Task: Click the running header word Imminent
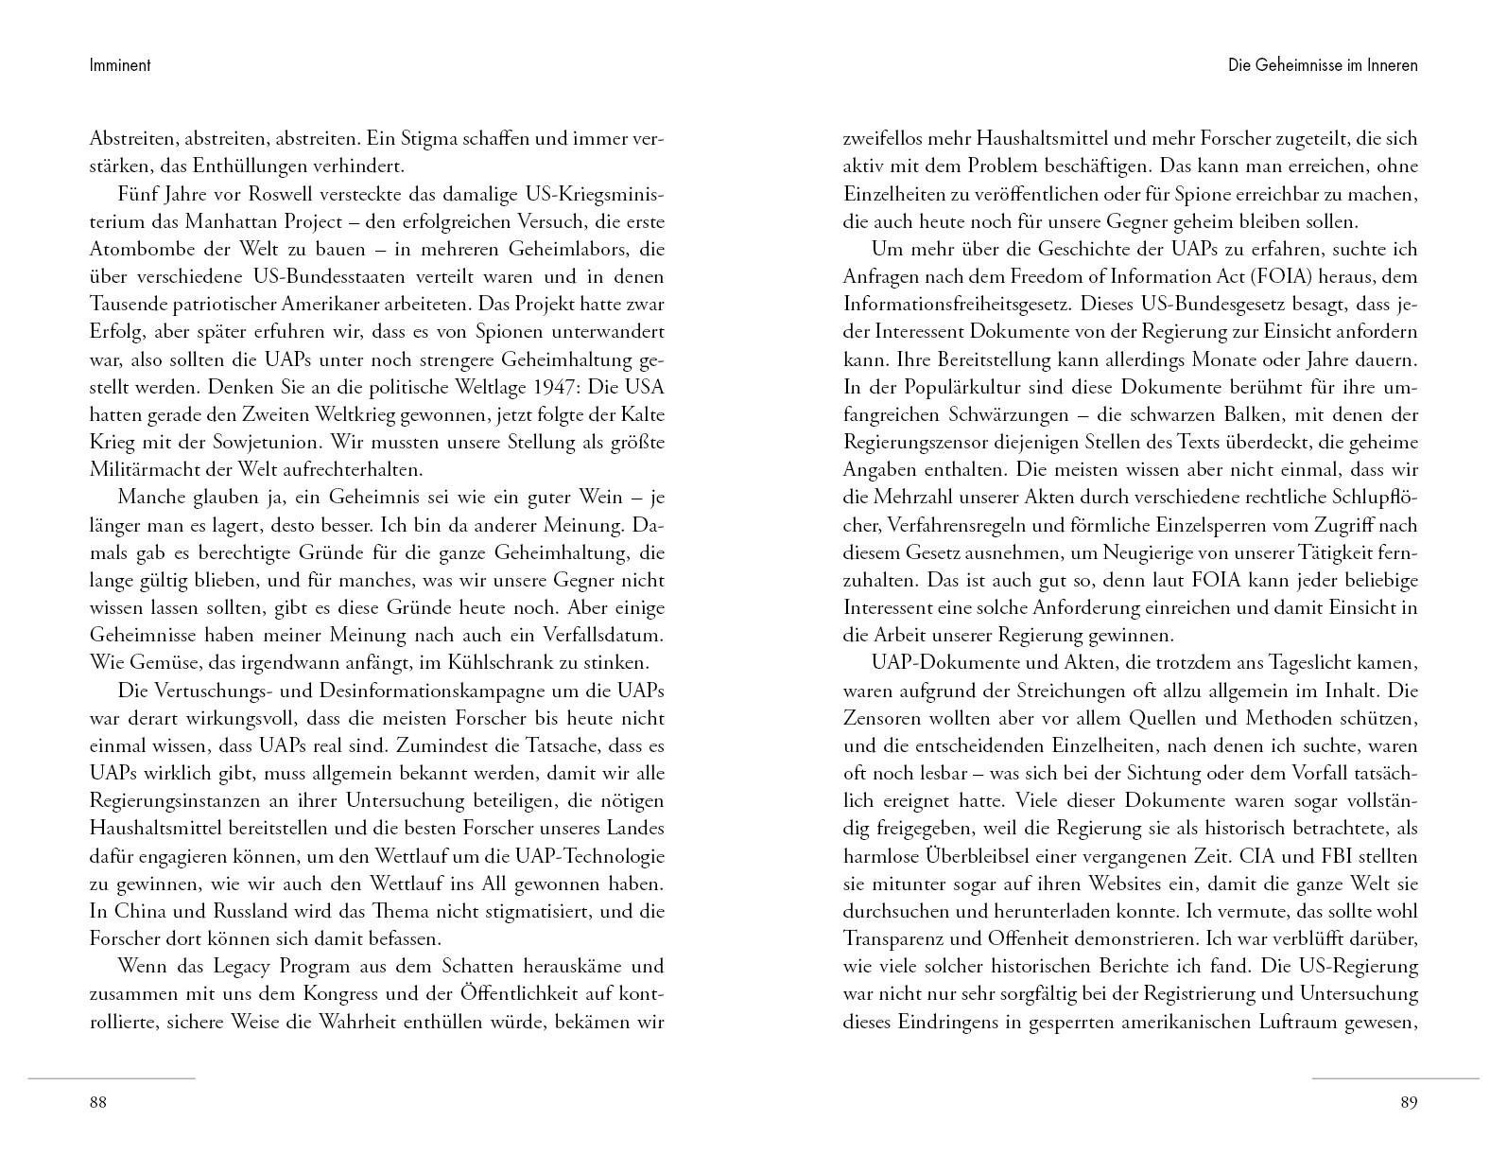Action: (120, 65)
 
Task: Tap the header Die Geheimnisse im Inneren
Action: (1323, 65)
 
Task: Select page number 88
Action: (98, 1102)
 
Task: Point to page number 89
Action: (1409, 1102)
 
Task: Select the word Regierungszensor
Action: (917, 442)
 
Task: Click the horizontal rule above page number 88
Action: (112, 1077)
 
